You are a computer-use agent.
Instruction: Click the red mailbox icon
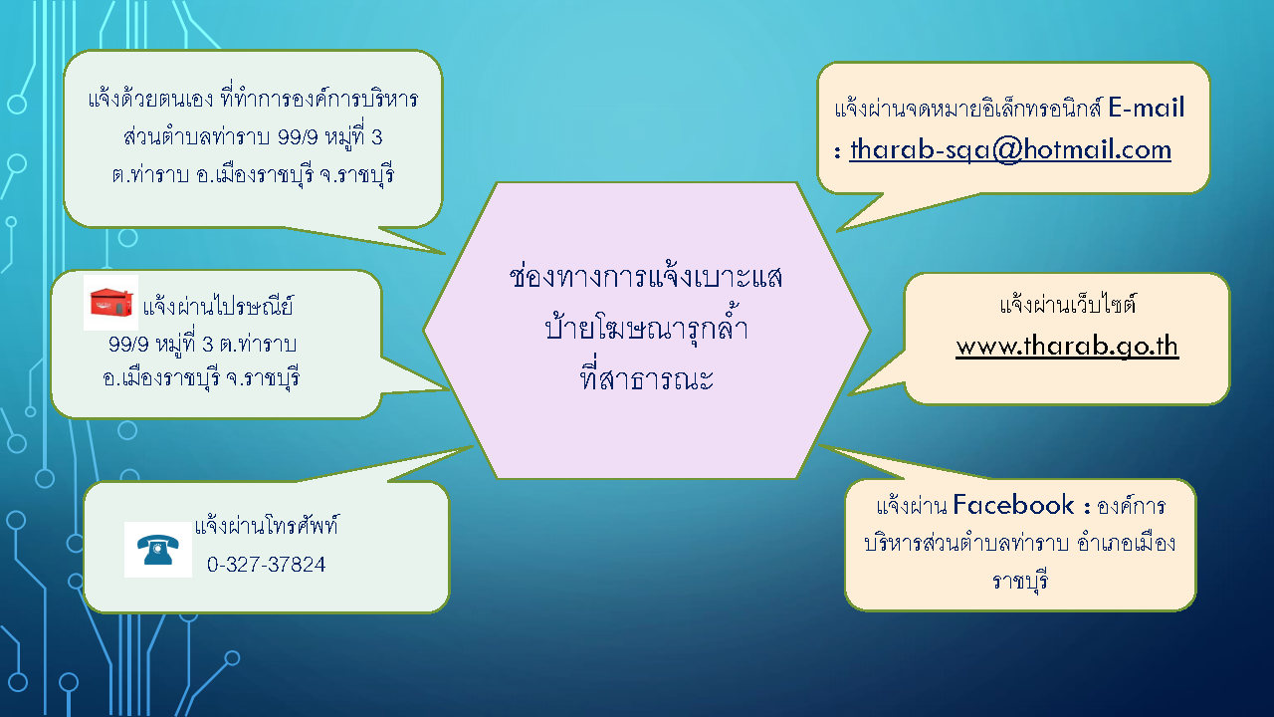click(110, 302)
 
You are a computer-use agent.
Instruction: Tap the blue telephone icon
click(157, 549)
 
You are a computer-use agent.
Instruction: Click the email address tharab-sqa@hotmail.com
click(1010, 150)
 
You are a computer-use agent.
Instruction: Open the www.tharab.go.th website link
click(1067, 346)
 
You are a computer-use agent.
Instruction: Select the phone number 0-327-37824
click(266, 565)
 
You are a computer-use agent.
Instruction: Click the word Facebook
click(1013, 505)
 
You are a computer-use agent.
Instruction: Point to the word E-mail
click(1146, 108)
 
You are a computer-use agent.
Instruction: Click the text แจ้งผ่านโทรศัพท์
click(266, 525)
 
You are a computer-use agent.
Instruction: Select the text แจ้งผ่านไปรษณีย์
click(218, 306)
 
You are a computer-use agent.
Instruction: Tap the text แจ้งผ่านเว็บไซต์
click(1068, 304)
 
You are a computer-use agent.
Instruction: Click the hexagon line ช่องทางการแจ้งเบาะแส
click(646, 277)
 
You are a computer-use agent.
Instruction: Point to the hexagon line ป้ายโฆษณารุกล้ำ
click(646, 327)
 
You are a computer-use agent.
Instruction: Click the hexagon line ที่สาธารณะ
click(646, 378)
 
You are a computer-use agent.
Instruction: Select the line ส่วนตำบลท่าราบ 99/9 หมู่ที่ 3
click(253, 137)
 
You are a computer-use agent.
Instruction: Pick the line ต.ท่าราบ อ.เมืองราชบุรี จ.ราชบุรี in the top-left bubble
click(253, 174)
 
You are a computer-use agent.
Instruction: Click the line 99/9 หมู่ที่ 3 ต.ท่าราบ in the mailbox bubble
click(202, 344)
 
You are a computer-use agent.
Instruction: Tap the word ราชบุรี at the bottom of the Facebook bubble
click(1020, 582)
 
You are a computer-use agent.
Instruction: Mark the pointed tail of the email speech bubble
click(839, 230)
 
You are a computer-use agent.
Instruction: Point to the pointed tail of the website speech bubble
click(850, 393)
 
